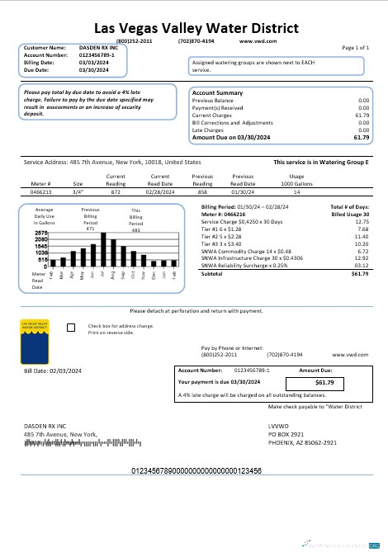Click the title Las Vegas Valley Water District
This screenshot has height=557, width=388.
(193, 27)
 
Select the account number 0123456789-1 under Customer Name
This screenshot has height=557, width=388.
(91, 55)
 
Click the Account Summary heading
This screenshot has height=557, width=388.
(217, 93)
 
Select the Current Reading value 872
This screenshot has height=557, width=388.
(116, 191)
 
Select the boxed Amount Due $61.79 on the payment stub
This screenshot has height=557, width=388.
(324, 383)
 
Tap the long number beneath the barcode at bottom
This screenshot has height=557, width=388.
(196, 470)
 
